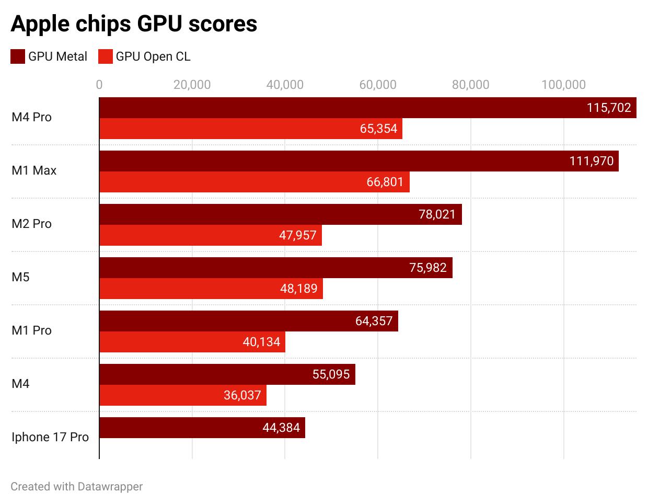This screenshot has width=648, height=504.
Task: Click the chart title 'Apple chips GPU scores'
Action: [134, 24]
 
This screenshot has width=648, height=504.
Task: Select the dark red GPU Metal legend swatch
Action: [18, 56]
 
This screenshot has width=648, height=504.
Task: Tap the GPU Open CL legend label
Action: [153, 56]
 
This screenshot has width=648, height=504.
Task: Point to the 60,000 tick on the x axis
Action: [377, 84]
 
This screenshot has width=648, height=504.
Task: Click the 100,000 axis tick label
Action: [563, 84]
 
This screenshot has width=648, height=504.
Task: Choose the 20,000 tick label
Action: [192, 84]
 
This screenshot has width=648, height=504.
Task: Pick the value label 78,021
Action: [437, 214]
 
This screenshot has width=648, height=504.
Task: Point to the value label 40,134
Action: [261, 342]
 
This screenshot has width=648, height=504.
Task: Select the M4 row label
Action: [20, 384]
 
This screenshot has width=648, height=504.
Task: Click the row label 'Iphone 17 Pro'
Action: [50, 437]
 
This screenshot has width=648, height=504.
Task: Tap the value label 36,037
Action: [242, 395]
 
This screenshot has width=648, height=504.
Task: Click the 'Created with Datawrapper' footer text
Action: [76, 487]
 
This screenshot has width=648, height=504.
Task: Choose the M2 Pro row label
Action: [31, 224]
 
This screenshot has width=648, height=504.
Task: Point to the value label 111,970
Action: [592, 161]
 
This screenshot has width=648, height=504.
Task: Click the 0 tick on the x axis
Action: [99, 84]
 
